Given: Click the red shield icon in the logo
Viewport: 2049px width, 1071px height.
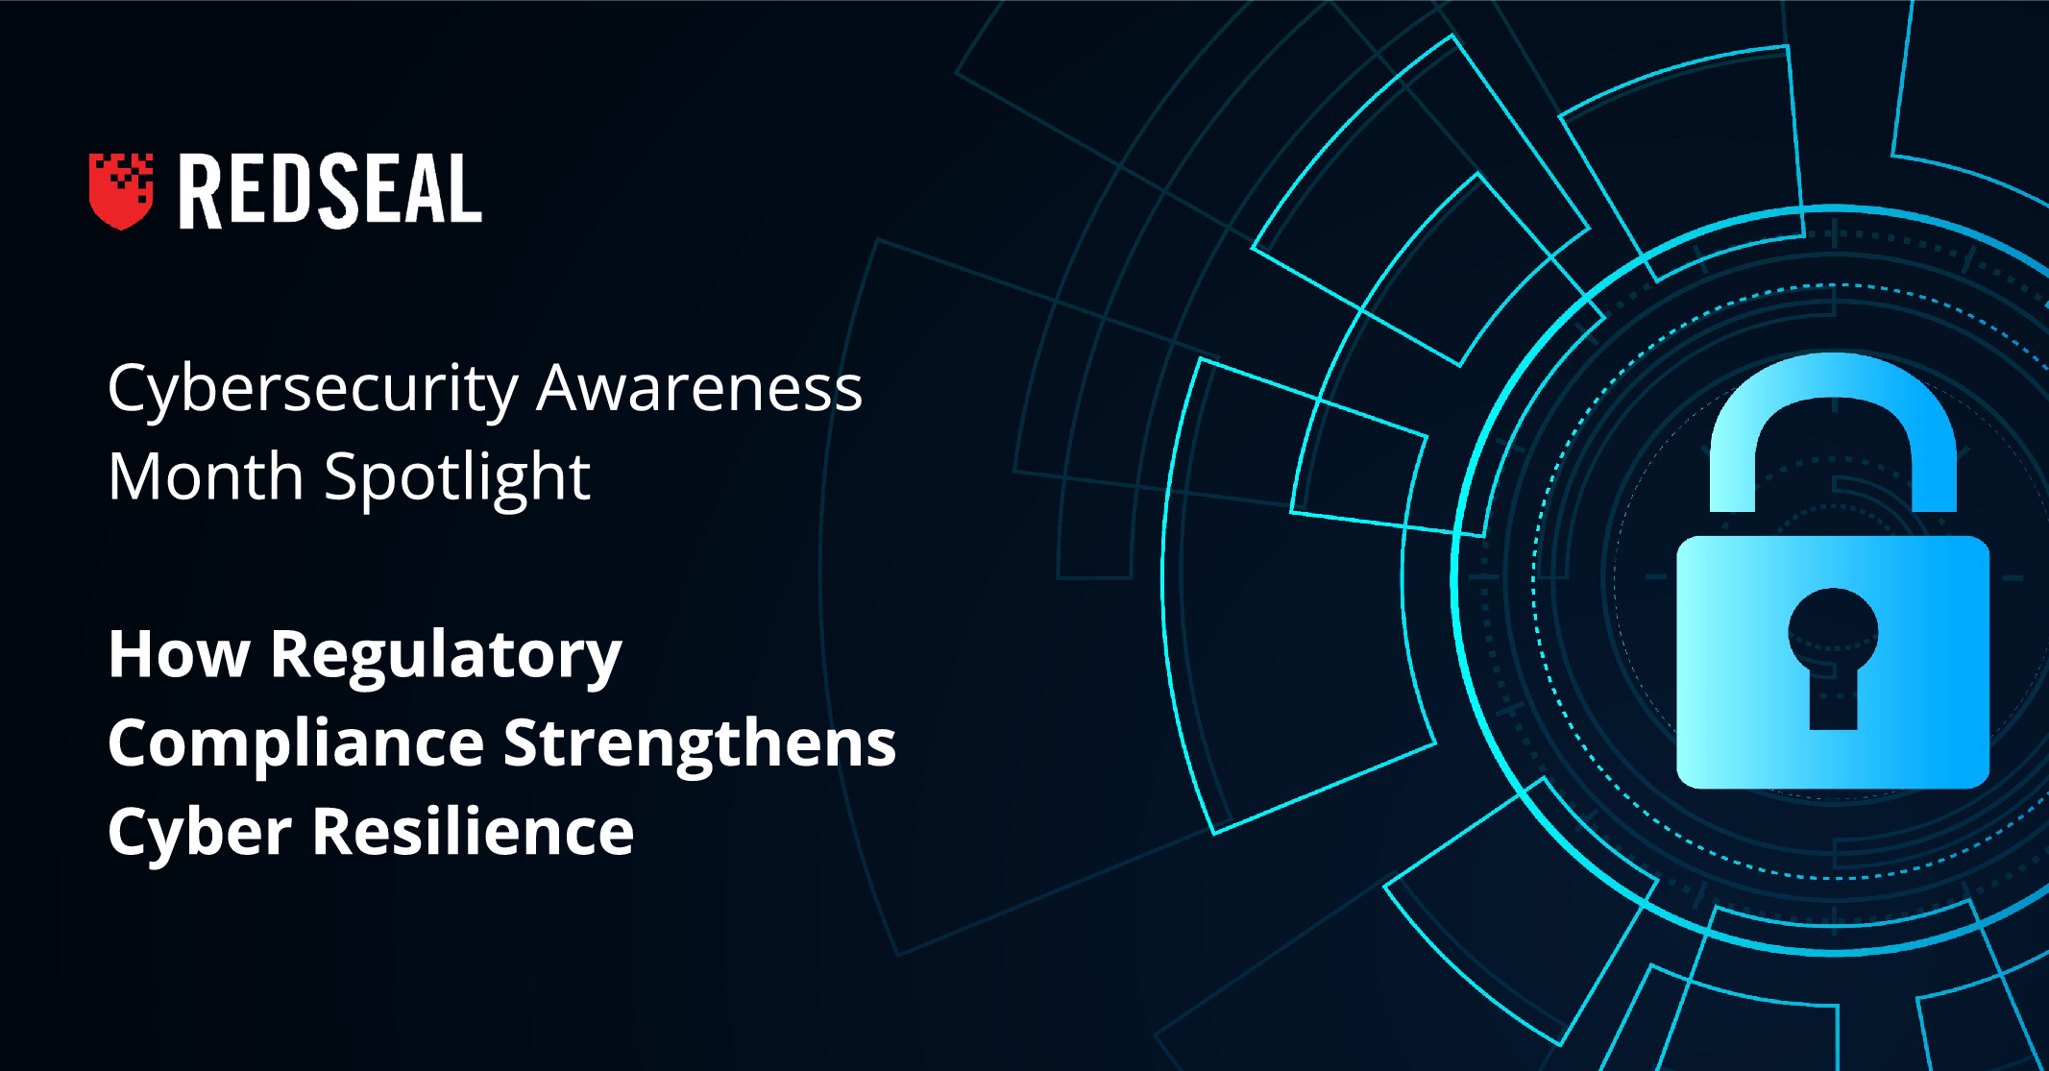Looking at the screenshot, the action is click(x=121, y=191).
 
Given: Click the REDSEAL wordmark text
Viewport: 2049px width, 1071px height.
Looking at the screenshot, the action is click(x=330, y=191).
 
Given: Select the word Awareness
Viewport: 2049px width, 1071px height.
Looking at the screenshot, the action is click(x=699, y=388).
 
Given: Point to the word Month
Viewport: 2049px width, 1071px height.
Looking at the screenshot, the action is click(x=206, y=476).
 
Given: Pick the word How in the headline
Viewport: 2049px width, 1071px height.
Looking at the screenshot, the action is click(x=179, y=654).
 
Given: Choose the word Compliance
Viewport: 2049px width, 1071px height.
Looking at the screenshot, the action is click(x=296, y=743).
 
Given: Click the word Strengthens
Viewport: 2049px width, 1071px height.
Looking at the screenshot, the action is click(x=699, y=743).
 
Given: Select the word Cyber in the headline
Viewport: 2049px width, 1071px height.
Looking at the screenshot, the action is click(x=200, y=833).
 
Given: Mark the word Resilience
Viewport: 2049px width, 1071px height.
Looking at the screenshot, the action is click(x=473, y=831).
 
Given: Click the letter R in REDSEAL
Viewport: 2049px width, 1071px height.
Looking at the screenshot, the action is click(x=200, y=192).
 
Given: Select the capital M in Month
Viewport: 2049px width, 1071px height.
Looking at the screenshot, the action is click(x=140, y=476).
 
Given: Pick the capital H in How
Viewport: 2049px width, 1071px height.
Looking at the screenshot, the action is click(x=133, y=654).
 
